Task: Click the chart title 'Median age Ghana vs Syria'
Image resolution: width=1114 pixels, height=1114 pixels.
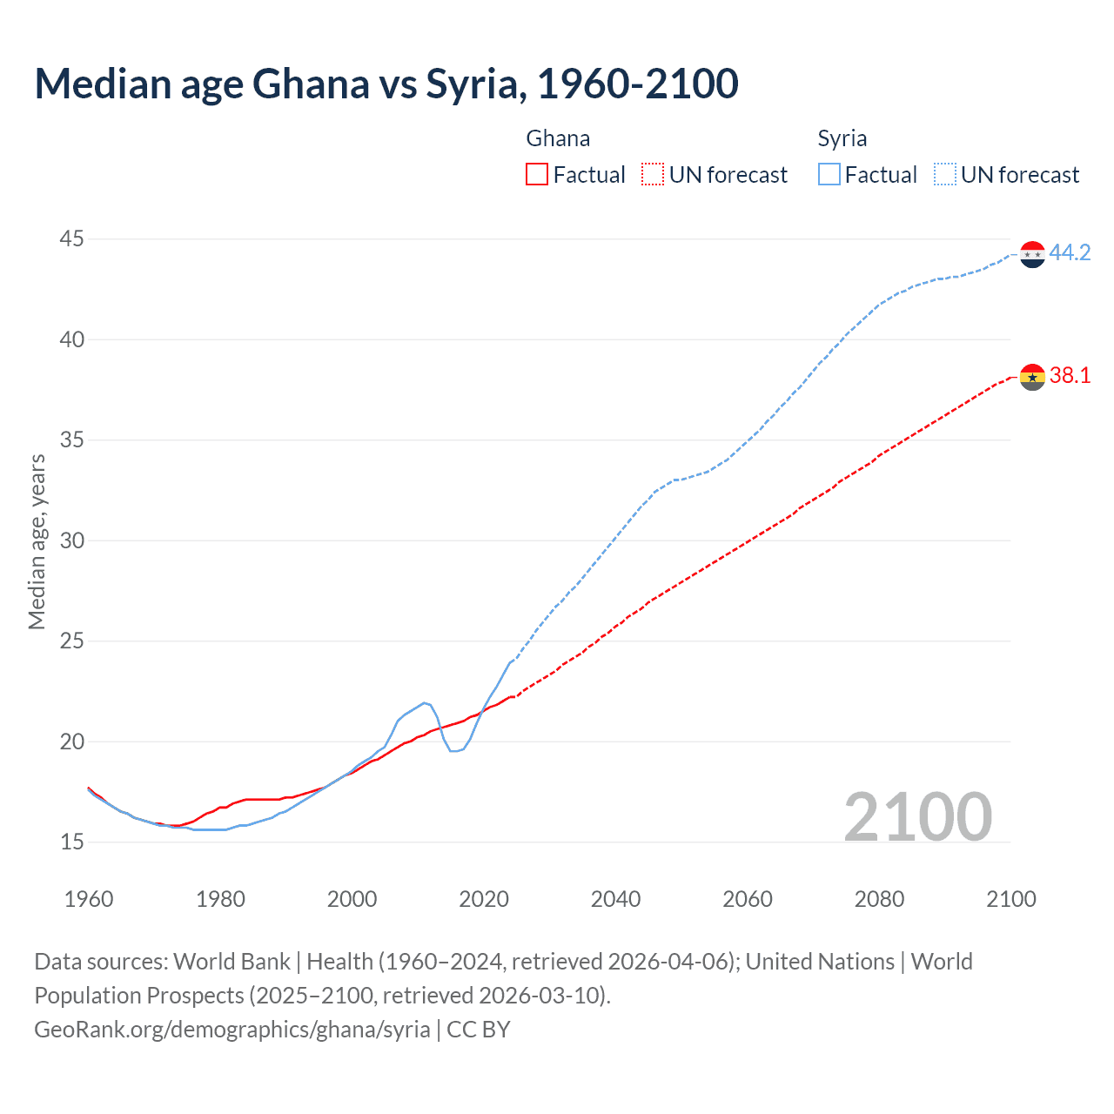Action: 386,84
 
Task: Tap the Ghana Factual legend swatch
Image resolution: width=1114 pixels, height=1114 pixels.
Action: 537,175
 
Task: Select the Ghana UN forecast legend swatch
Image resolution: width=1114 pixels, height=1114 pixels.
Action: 652,175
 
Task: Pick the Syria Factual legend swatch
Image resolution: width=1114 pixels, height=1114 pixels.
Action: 829,175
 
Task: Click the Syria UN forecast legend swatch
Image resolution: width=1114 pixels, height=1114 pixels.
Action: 944,175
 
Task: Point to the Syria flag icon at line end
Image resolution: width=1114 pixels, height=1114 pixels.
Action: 1032,254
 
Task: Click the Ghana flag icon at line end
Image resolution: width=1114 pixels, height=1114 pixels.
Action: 1032,377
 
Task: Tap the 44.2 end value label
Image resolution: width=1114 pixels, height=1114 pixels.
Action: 1070,252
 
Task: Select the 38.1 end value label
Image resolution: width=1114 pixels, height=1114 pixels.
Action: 1070,375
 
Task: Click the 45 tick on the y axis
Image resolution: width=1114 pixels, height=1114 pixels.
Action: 72,238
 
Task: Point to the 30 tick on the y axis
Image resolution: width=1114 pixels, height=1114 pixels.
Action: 72,540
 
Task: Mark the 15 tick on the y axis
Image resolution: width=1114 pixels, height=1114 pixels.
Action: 72,842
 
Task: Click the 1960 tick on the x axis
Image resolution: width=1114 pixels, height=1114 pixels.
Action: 89,899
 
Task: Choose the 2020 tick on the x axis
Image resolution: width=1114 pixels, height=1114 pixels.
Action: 484,899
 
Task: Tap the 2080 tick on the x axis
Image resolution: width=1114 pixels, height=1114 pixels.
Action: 879,899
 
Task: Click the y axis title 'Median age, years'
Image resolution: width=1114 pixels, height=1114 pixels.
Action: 37,540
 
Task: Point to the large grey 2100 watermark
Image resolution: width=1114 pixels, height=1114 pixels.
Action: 917,816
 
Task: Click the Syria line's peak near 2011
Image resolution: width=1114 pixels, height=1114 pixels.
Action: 425,702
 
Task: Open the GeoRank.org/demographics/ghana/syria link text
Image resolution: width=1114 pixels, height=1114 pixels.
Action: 232,1030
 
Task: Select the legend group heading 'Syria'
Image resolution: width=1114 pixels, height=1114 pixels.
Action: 842,138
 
